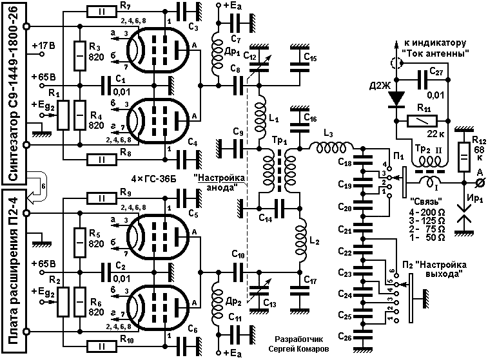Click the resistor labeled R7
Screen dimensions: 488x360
(x=102, y=12)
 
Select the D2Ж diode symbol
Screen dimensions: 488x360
(x=396, y=99)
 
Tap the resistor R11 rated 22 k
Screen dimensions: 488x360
(x=422, y=120)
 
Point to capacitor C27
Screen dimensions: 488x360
(x=422, y=80)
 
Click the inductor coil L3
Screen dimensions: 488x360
(x=331, y=148)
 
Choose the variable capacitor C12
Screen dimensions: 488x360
(x=260, y=64)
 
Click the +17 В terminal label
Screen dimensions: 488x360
(x=44, y=46)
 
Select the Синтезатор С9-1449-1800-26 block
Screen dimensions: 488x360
(x=14, y=93)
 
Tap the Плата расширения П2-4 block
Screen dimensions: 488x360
(x=14, y=271)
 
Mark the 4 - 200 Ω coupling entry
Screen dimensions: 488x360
(x=427, y=213)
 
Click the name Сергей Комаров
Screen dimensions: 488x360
(x=298, y=349)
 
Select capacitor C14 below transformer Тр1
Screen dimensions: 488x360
(x=279, y=208)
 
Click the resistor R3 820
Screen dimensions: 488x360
(x=80, y=56)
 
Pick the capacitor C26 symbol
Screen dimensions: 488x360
(x=362, y=336)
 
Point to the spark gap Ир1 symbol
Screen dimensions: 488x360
(x=464, y=214)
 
